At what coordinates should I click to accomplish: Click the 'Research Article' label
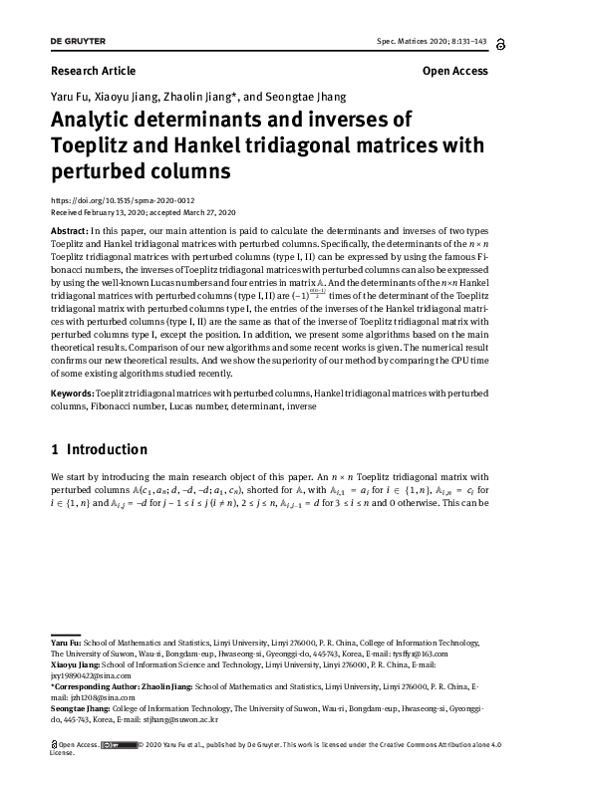[x=93, y=72]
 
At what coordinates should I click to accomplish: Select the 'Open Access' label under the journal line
[x=455, y=72]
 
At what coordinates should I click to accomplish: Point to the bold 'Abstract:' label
[x=72, y=230]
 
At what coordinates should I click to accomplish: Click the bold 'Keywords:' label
[x=75, y=395]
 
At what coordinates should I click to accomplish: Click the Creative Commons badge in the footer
[x=125, y=744]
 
